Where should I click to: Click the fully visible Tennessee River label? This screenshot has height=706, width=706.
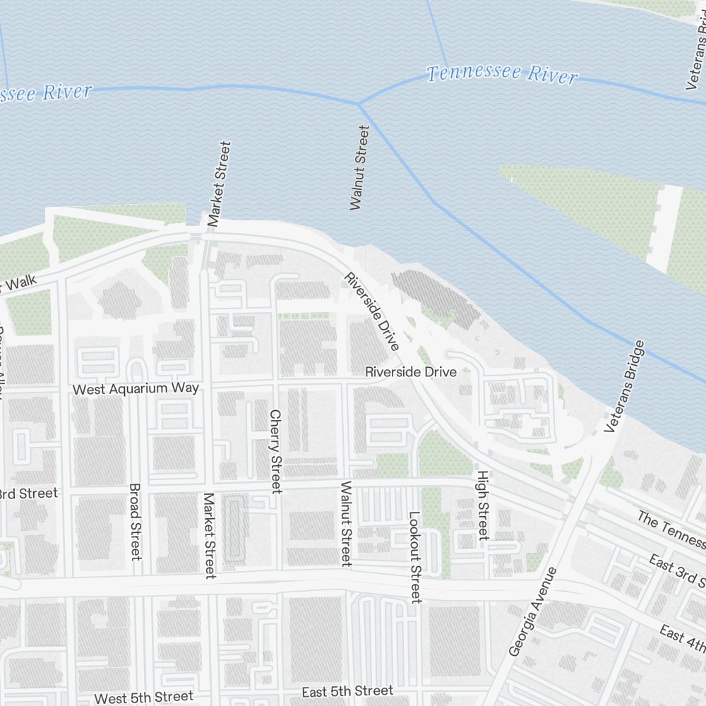point(501,73)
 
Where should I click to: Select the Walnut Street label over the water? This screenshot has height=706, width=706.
point(359,167)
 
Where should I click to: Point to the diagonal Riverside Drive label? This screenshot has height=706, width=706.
point(371,310)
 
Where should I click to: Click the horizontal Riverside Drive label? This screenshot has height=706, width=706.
point(410,372)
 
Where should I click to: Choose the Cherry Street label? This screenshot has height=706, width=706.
point(275,450)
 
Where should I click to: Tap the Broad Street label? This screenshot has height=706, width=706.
point(136,522)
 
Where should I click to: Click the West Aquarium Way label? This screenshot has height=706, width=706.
point(136,388)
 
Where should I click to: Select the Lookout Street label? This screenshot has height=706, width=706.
point(414,557)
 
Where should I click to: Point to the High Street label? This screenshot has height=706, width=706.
point(483,505)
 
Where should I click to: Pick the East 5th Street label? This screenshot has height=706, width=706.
point(347,690)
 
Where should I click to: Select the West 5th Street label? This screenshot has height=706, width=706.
point(143,698)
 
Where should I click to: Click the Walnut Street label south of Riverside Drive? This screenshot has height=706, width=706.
point(346,523)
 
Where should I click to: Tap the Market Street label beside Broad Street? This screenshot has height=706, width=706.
point(209,535)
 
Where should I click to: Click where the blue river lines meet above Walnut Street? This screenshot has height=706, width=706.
point(359,104)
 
